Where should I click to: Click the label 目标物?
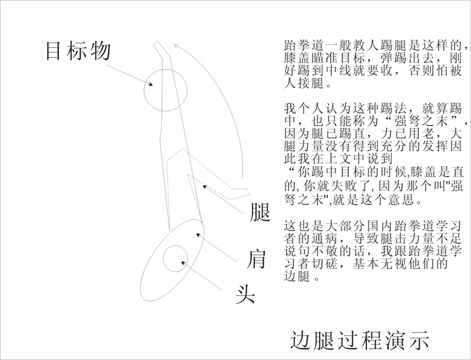pyautogui.click(x=78, y=51)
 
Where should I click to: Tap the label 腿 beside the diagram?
pyautogui.click(x=260, y=212)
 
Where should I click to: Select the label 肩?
pyautogui.click(x=257, y=259)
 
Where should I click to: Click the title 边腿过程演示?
pyautogui.click(x=360, y=341)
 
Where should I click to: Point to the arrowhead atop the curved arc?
pyautogui.click(x=177, y=46)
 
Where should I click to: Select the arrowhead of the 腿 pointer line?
pyautogui.click(x=205, y=187)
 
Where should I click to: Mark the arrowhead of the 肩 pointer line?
pyautogui.click(x=198, y=235)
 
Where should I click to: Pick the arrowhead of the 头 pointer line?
pyautogui.click(x=184, y=263)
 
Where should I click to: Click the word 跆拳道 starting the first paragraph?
pyautogui.click(x=304, y=45)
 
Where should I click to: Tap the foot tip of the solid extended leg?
pyautogui.click(x=157, y=41)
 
